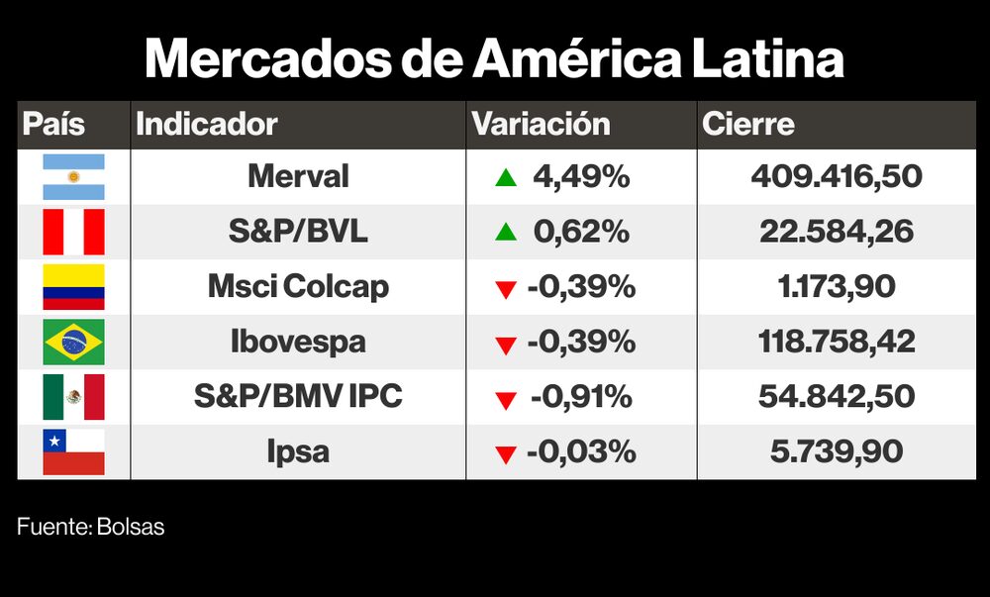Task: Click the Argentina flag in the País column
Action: point(73,177)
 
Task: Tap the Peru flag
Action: point(73,232)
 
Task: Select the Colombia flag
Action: point(73,287)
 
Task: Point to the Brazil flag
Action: point(73,343)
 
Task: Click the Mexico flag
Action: point(73,397)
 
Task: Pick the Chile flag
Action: point(73,451)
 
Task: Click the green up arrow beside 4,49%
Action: point(506,178)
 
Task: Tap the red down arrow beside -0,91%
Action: point(506,399)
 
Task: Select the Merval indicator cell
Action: point(298,177)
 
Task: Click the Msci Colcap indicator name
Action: point(298,287)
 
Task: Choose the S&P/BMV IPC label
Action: point(298,397)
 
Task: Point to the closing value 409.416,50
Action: point(837,177)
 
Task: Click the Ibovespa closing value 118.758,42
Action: point(837,343)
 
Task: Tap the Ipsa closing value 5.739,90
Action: point(837,452)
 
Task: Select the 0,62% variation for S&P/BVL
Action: point(580,232)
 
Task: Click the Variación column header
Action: point(541,125)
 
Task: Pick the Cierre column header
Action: point(748,125)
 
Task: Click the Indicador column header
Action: point(206,125)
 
